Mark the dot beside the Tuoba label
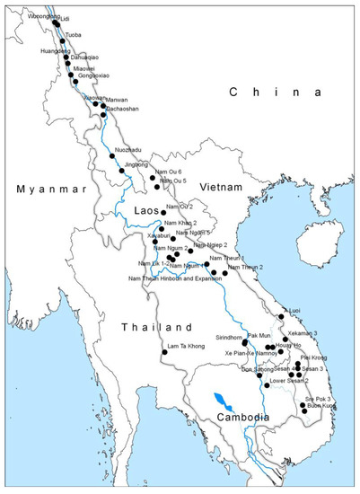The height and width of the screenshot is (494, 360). tap(62, 41)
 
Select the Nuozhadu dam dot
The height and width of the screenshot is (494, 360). tap(112, 156)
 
